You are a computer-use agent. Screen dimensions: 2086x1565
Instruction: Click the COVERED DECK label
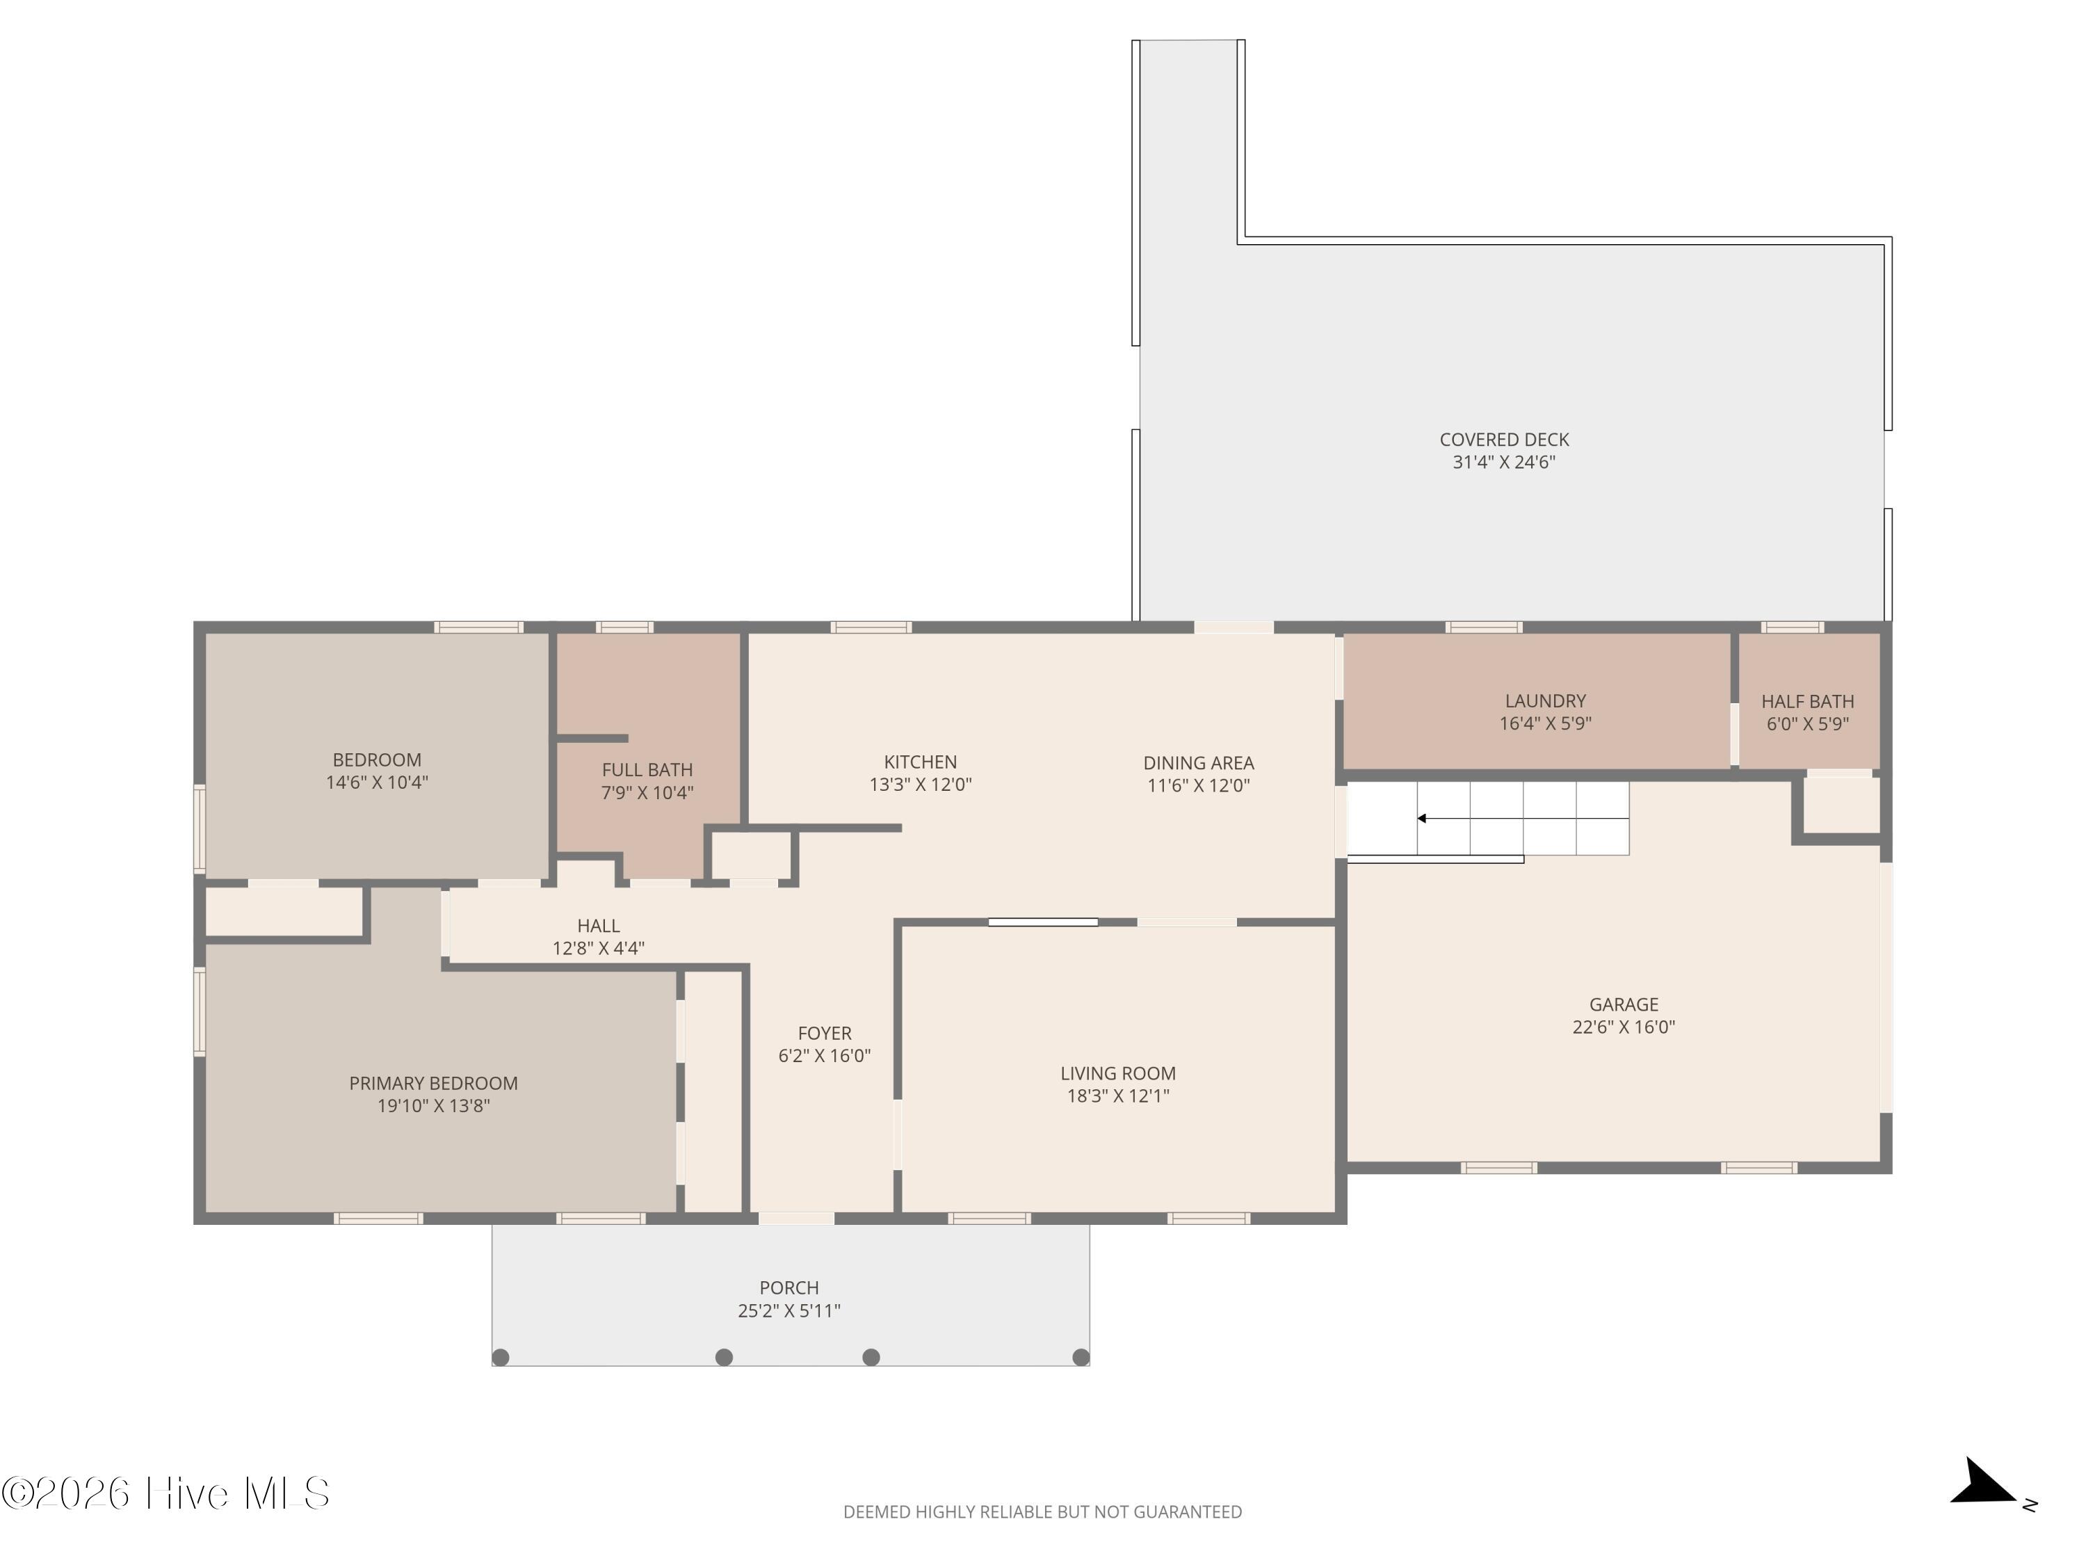pyautogui.click(x=1504, y=440)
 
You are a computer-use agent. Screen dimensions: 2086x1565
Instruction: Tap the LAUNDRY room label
pyautogui.click(x=1546, y=701)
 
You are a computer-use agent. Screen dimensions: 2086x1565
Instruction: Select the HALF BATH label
pyautogui.click(x=1808, y=702)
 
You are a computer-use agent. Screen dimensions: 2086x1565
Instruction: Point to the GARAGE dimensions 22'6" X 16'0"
pyautogui.click(x=1624, y=1027)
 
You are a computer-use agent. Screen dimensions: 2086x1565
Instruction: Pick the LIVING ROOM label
pyautogui.click(x=1118, y=1073)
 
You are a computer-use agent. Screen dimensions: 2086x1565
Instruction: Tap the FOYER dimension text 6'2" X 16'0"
pyautogui.click(x=824, y=1056)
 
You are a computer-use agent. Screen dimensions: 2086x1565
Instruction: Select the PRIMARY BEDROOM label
pyautogui.click(x=434, y=1084)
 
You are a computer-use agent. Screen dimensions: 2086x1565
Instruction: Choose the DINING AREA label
pyautogui.click(x=1199, y=763)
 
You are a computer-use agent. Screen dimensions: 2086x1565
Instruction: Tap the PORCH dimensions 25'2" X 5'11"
pyautogui.click(x=789, y=1310)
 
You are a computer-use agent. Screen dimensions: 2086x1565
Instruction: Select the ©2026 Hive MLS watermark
pyautogui.click(x=166, y=1493)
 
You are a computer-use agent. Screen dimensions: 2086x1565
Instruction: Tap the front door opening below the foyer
pyautogui.click(x=797, y=1218)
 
